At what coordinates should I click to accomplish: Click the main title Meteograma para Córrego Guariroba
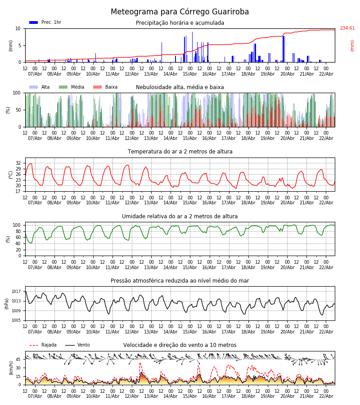coord(180,12)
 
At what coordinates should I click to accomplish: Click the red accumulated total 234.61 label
coord(347,28)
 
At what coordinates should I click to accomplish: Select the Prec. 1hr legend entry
coord(45,22)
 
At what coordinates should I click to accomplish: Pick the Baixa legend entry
coord(105,87)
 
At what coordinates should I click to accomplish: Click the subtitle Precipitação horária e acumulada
coord(180,23)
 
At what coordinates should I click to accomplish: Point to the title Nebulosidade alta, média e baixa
coord(180,87)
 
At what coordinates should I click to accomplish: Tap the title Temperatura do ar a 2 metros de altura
coord(180,152)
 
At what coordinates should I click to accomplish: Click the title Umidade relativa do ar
coord(180,216)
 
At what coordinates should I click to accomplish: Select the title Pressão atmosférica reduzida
coord(180,281)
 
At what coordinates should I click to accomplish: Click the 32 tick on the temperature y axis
coord(18,163)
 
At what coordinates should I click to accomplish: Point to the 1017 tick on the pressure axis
coord(16,291)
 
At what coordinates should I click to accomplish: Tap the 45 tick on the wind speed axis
coord(18,359)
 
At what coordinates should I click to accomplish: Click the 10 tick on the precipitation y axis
coord(18,28)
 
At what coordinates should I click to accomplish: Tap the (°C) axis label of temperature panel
coord(11,174)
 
